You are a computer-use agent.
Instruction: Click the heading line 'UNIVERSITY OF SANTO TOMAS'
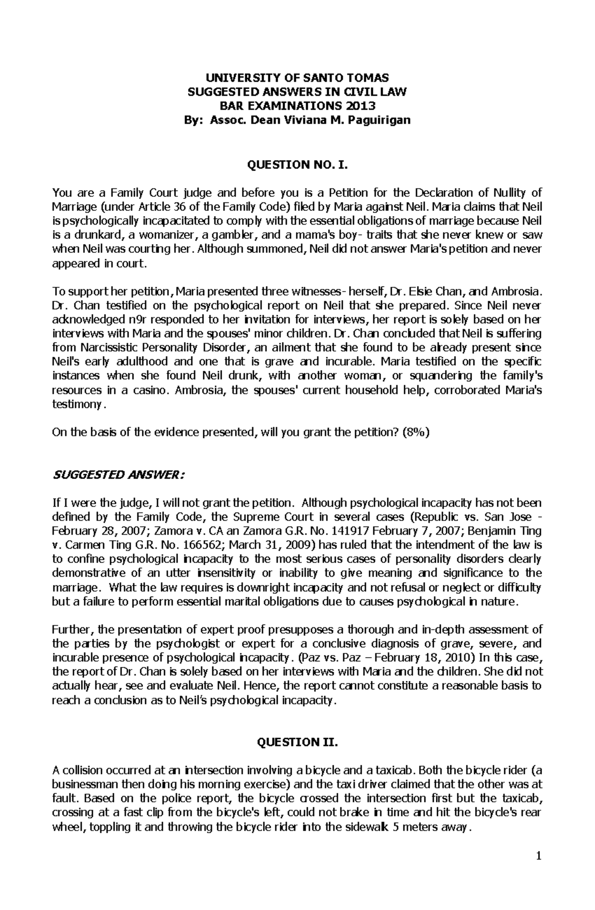(x=297, y=77)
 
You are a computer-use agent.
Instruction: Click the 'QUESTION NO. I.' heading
(x=297, y=165)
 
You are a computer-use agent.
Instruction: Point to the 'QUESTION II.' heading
(x=297, y=742)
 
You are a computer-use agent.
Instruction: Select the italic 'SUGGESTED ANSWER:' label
(x=119, y=476)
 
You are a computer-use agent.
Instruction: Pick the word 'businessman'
(x=81, y=785)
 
